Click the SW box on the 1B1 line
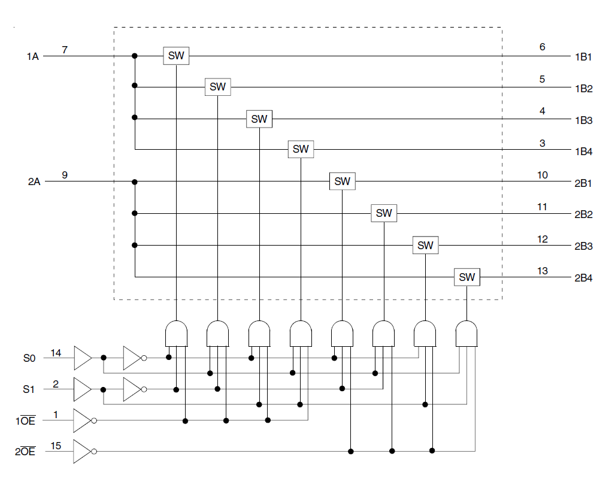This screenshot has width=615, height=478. [x=176, y=56]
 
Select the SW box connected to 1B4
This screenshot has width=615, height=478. [x=301, y=149]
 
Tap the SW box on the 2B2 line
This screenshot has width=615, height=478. [x=384, y=213]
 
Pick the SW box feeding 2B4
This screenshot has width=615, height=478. [x=466, y=277]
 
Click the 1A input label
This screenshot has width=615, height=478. [x=32, y=56]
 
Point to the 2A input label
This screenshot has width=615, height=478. [x=34, y=181]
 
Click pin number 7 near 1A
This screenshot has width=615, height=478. [x=65, y=49]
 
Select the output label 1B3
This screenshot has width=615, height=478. [x=583, y=120]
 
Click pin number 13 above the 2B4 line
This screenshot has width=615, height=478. [x=542, y=271]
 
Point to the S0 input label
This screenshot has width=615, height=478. [x=29, y=358]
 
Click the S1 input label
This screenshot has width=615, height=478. [x=29, y=389]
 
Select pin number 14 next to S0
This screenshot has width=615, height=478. [x=56, y=353]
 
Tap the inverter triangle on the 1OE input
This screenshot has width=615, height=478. [x=82, y=420]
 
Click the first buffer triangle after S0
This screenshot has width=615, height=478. [x=83, y=358]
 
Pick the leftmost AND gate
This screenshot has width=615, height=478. [x=176, y=332]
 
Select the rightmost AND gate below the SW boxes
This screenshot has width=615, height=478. [x=466, y=332]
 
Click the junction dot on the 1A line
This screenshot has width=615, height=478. [x=135, y=56]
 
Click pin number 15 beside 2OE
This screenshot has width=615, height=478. [x=56, y=446]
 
